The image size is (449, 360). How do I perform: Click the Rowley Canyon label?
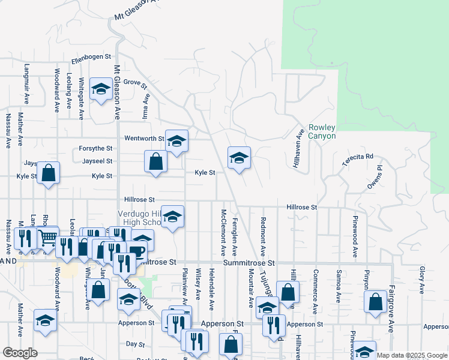(322, 131)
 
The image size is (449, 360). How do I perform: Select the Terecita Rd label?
(358, 160)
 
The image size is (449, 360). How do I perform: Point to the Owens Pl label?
(375, 181)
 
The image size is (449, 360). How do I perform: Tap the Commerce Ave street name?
(315, 292)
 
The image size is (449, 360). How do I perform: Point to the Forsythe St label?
(95, 148)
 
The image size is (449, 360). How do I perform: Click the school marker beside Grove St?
(100, 89)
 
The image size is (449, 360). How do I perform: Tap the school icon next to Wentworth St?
(176, 141)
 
